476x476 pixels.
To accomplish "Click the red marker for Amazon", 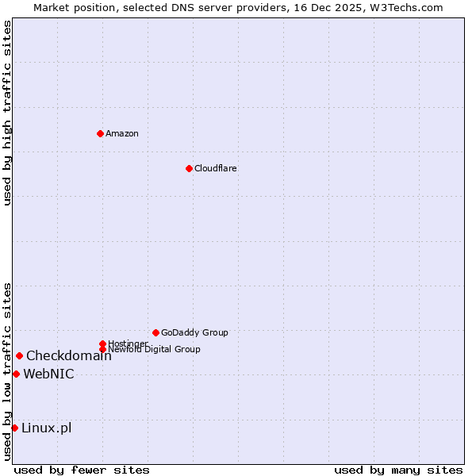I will (100, 133).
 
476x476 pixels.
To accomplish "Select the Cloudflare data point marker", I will (189, 168).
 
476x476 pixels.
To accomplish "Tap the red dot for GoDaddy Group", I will (155, 332).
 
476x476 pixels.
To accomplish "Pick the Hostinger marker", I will (102, 344).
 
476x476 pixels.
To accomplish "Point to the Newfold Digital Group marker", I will (102, 349).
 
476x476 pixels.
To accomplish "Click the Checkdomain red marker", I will (19, 355).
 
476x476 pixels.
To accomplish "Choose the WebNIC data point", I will (16, 374).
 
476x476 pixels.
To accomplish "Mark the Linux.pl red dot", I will (14, 428).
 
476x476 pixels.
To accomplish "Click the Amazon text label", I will (122, 133).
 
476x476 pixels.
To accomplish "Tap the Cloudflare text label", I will (216, 168).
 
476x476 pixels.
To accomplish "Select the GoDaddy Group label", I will (194, 332).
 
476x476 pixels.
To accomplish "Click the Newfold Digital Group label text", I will (154, 349).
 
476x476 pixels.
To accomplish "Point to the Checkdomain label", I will (69, 355).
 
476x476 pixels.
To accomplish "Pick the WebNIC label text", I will (48, 374).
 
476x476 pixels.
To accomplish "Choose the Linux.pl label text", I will (46, 428).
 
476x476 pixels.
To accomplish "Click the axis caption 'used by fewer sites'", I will (82, 470).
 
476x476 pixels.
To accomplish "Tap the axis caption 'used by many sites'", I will (398, 470).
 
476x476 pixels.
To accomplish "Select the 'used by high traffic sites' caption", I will (7, 113).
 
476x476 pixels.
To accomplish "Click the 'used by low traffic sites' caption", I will (7, 371).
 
